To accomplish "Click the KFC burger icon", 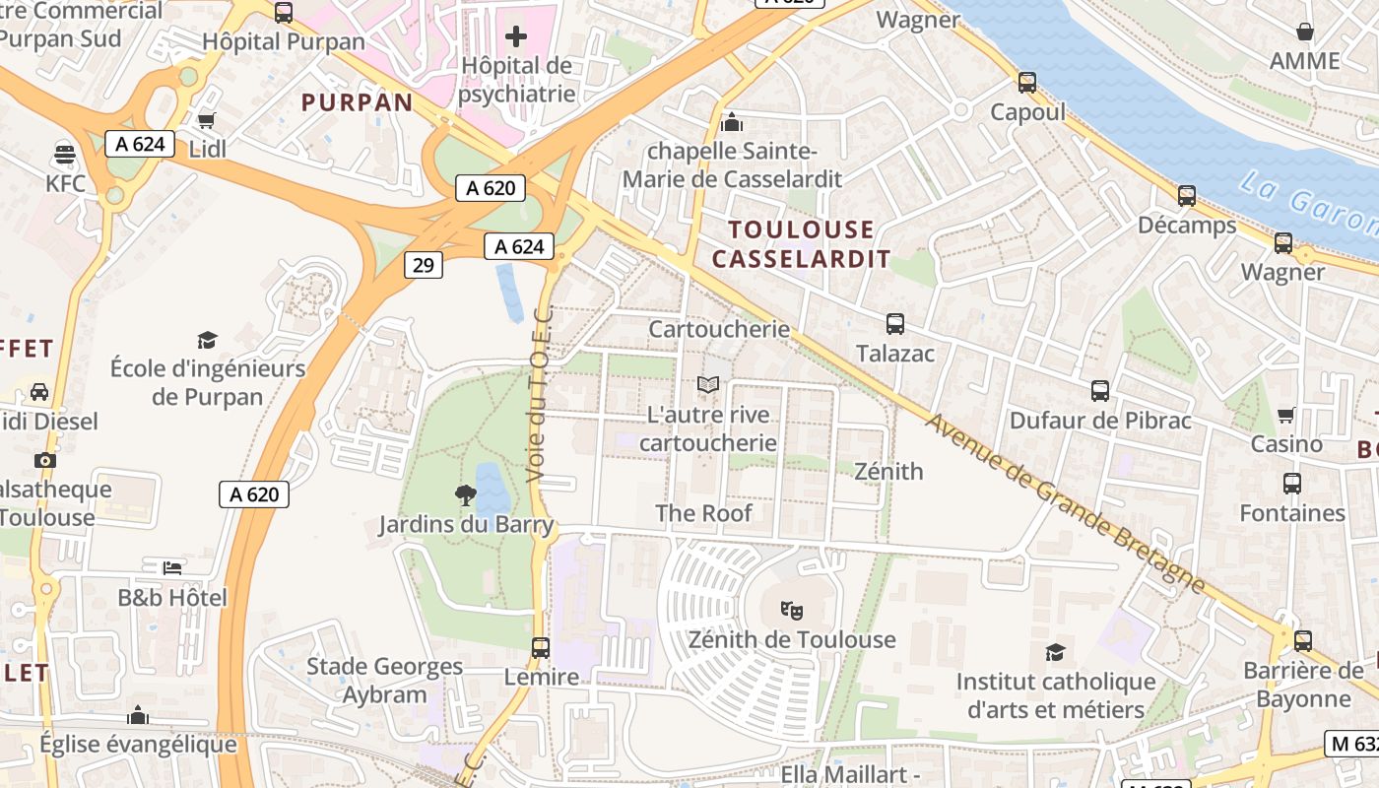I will point(65,154).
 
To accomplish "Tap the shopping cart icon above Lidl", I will point(207,120).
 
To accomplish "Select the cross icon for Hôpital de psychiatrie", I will point(515,37).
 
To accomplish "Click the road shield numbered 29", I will point(424,264).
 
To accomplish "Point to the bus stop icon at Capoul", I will point(1027,83).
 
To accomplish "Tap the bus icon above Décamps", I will point(1186,196).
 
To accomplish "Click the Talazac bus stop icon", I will point(894,324).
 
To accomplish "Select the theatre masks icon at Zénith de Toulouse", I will point(792,611).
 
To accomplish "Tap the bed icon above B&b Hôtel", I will point(172,568).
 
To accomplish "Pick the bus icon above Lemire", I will point(540,648).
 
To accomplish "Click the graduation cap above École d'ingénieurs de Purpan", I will point(207,340).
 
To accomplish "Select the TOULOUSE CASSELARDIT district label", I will point(801,244).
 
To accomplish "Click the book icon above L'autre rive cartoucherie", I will point(707,385).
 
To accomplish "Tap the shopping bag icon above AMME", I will point(1304,32).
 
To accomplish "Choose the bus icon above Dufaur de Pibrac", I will point(1100,391).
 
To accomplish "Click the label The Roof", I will point(703,513).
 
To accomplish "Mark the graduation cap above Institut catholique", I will point(1055,652).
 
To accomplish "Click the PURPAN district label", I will point(357,102).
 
